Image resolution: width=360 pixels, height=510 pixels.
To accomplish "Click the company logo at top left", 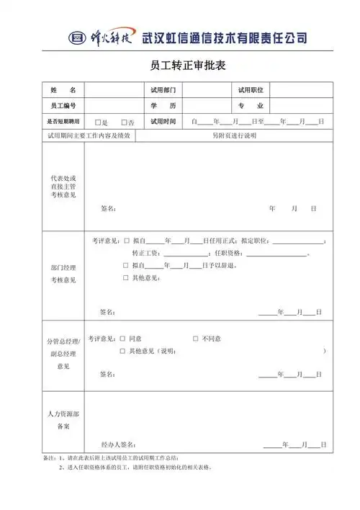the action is (102, 37).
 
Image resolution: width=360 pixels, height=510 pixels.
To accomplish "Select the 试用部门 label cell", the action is (163, 90).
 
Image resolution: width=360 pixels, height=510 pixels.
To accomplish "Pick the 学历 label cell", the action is (163, 106).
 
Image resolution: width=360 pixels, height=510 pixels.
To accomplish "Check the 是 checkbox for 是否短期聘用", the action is (99, 122).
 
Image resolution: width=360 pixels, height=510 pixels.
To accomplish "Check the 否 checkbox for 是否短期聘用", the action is (124, 122).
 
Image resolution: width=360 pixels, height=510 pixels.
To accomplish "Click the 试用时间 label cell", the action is (163, 122).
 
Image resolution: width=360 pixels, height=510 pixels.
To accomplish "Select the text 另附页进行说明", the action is (234, 135).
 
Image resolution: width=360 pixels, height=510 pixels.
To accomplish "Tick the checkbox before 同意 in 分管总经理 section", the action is (123, 339).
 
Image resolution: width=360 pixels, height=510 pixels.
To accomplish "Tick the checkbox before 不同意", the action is (196, 339).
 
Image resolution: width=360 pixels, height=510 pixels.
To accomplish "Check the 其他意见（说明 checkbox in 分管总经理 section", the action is (123, 352).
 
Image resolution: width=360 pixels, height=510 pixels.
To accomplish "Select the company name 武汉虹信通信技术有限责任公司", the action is (225, 37).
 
